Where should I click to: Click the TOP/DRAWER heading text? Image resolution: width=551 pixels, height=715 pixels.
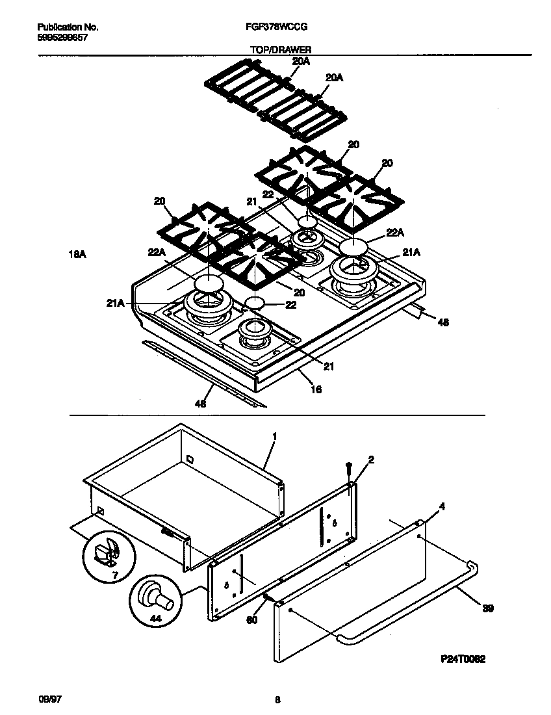280,49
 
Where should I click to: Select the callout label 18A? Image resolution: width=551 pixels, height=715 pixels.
77,255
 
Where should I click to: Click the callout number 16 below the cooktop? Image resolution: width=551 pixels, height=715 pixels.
316,389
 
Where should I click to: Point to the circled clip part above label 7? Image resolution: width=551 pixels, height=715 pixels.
106,551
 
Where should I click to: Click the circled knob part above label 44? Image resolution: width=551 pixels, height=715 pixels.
157,596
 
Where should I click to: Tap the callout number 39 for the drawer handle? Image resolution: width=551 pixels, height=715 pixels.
488,609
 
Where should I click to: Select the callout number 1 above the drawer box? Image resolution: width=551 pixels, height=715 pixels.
274,436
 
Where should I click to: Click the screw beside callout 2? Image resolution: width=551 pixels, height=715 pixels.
350,467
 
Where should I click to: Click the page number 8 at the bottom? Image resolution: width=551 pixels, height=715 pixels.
277,699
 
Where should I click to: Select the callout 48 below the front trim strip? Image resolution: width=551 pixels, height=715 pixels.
201,404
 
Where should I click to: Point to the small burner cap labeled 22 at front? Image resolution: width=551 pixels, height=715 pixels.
255,303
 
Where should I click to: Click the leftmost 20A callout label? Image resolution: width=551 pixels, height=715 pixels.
300,61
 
